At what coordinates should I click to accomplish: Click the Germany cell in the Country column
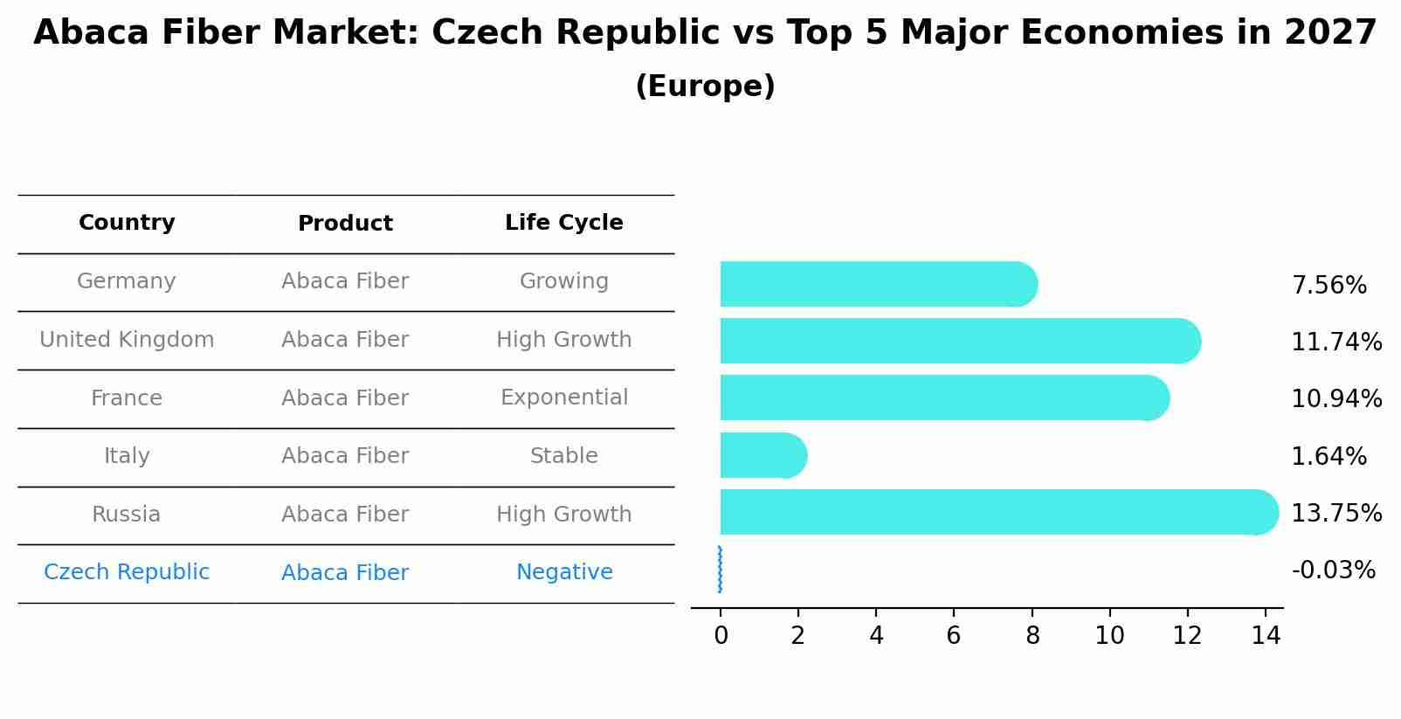(x=127, y=281)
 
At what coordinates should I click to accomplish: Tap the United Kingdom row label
(x=127, y=340)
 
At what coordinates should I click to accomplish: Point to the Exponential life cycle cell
(x=563, y=398)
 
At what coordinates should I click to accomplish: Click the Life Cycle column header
(x=563, y=223)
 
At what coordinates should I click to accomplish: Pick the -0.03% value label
(x=1333, y=570)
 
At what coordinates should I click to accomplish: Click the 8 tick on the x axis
(x=1032, y=636)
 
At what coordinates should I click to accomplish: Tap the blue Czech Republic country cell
(x=127, y=572)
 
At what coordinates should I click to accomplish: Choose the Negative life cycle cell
(x=563, y=572)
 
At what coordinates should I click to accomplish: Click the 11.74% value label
(x=1335, y=342)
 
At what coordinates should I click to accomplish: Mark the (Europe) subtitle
(x=705, y=86)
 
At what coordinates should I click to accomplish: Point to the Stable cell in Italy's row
(x=563, y=456)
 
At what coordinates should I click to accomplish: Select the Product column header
(x=345, y=224)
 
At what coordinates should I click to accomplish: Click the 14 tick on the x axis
(x=1265, y=636)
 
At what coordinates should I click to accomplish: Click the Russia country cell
(x=127, y=515)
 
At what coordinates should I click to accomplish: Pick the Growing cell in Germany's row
(x=563, y=281)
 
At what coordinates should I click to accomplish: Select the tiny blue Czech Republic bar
(x=720, y=570)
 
